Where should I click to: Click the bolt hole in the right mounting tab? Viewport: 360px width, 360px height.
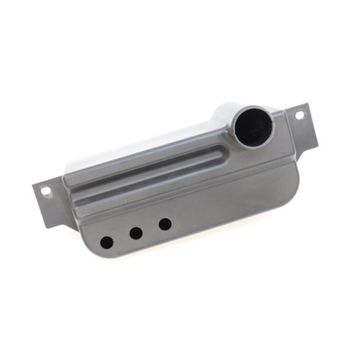tap(301, 115)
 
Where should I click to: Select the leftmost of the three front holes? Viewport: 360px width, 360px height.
tap(106, 242)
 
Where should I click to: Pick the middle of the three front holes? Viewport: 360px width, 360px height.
tap(136, 233)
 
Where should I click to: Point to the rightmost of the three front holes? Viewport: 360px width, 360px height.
tap(165, 223)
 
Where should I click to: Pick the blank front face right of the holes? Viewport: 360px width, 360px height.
tap(234, 202)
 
